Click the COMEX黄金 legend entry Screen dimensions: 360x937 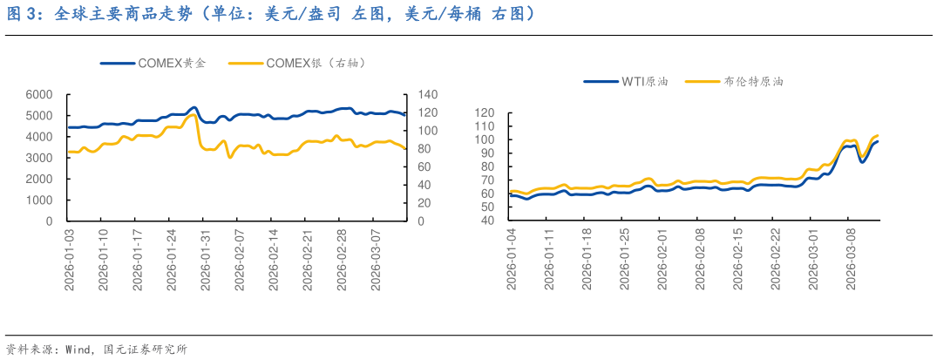point(171,63)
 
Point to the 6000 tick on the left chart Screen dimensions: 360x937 point(40,94)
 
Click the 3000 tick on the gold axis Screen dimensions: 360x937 point(40,158)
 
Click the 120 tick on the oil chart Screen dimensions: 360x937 point(484,112)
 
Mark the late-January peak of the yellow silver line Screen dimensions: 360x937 point(194,114)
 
